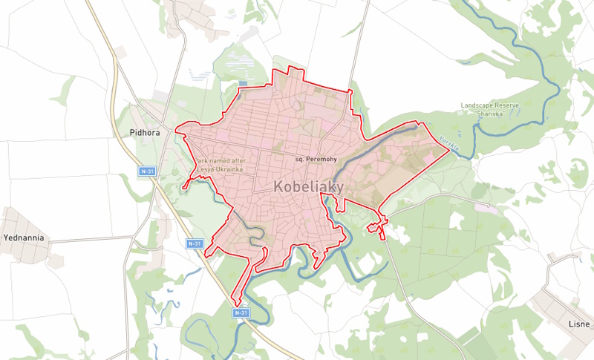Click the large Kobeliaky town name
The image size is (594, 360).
click(308, 187)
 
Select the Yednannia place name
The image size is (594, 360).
click(25, 238)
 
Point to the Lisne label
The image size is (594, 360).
click(579, 324)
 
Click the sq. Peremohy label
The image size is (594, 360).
click(316, 160)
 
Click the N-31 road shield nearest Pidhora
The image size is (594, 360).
click(148, 171)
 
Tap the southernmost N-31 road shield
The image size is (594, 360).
click(240, 313)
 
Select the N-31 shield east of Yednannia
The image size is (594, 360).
click(195, 243)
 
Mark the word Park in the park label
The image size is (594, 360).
click(203, 160)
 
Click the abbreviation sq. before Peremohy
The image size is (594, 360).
click(300, 160)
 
